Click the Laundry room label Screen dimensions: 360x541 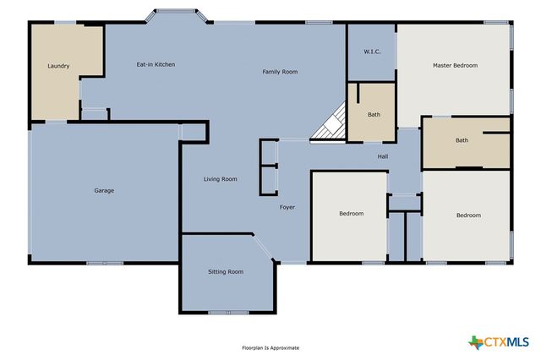coord(58,66)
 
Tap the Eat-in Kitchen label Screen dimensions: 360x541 coord(156,64)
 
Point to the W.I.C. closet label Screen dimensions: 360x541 coord(372,52)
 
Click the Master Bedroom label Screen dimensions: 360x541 coord(455,65)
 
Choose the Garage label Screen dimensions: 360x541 coord(104,190)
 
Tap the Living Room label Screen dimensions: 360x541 coord(220,179)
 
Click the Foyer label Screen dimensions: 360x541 coord(287,207)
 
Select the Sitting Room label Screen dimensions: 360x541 coord(226,271)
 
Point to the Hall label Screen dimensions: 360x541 coord(382,156)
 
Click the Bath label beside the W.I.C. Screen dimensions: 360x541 coord(374,115)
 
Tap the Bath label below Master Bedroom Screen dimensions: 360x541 coord(462,140)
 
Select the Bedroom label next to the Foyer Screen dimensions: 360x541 coord(351,214)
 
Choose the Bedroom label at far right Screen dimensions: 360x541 coord(468,215)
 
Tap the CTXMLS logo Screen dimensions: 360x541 coord(499,341)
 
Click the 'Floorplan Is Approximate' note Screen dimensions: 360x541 coord(270,347)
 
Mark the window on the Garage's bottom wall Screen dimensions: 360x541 coord(104,263)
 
